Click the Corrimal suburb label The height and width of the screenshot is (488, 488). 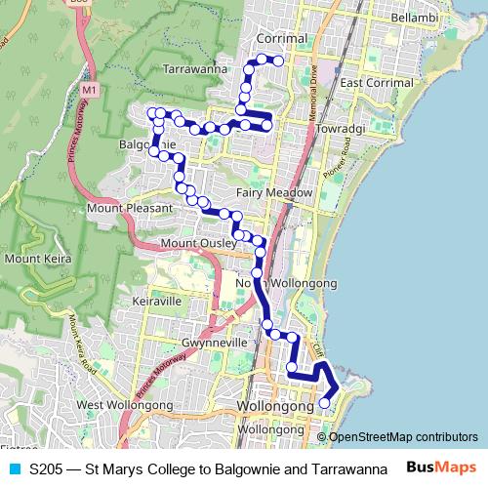pos(280,38)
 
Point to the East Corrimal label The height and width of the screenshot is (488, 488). pos(379,82)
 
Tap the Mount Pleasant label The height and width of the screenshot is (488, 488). pos(129,208)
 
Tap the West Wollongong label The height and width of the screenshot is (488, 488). pos(117,404)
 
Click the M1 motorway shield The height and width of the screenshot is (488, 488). pos(92,91)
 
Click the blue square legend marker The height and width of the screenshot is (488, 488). pos(14,468)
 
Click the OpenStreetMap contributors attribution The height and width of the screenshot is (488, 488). pos(403,436)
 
